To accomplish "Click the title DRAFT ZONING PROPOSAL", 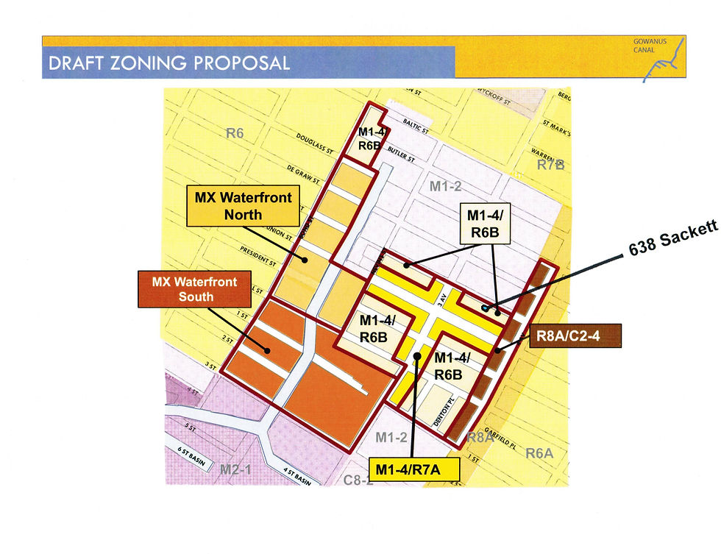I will point(169,63).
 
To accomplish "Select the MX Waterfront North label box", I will point(244,206).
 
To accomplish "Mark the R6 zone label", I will point(235,133).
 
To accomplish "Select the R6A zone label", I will point(539,453).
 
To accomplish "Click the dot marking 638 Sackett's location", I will point(484,306).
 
